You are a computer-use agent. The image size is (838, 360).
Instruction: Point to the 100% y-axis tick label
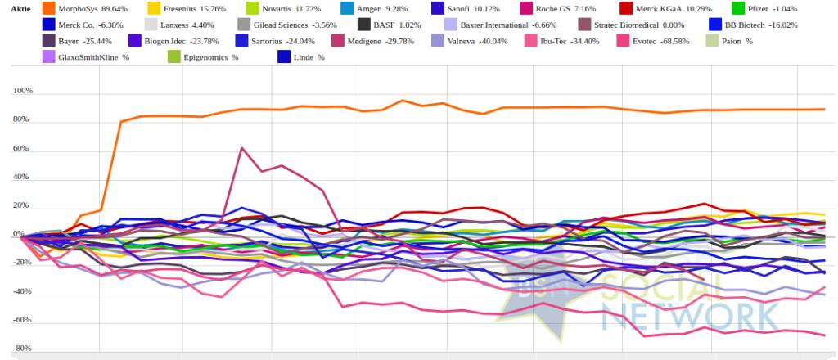(x=22, y=92)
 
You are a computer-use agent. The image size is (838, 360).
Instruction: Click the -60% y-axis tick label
(x=22, y=320)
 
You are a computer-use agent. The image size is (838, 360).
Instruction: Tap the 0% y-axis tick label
(x=27, y=235)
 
